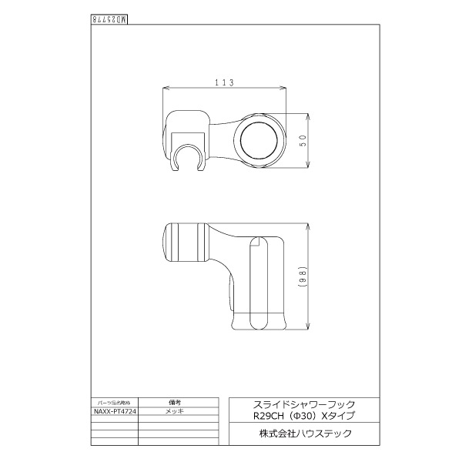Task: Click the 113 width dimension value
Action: tap(223, 82)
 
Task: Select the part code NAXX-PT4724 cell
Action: tap(115, 412)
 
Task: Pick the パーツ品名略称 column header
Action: tap(115, 403)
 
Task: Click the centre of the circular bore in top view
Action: tap(262, 140)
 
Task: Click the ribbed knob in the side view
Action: tap(185, 243)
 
